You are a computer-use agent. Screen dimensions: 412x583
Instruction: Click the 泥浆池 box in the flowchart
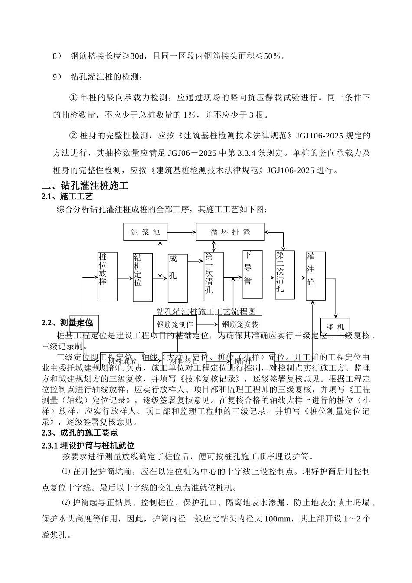tap(145, 232)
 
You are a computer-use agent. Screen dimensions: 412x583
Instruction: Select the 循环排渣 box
tap(230, 232)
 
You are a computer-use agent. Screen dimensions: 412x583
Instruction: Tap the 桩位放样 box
tap(107, 277)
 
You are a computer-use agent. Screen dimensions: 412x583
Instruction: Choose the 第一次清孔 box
tap(213, 276)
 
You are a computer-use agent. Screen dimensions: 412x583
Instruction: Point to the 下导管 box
tap(252, 274)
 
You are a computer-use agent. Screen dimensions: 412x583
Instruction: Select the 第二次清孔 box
tap(284, 275)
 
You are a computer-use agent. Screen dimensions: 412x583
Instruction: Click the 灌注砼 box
tap(315, 275)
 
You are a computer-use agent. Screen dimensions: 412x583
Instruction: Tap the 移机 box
tap(335, 327)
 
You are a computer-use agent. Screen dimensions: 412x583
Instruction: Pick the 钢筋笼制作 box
tap(175, 324)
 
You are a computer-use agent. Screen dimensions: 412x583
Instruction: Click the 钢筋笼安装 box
tap(240, 324)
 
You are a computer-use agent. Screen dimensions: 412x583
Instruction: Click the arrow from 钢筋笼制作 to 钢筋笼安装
tap(207, 324)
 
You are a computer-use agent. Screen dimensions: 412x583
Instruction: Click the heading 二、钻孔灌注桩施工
tap(85, 186)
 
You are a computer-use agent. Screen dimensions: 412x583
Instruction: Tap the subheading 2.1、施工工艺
tap(67, 197)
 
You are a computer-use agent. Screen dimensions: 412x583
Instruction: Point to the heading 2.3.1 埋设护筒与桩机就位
tap(88, 445)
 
